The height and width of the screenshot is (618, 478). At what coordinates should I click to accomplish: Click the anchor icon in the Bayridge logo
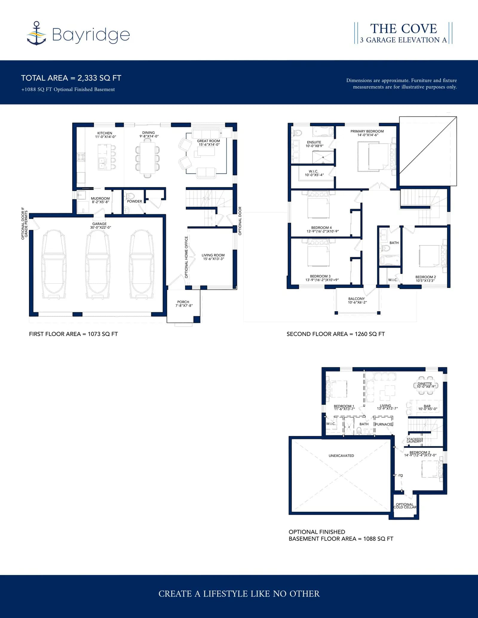(36, 33)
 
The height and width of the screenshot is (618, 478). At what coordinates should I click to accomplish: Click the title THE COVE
(404, 29)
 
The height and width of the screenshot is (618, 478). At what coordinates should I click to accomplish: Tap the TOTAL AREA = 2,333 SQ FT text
(71, 78)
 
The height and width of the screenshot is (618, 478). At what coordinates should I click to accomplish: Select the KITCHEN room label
(105, 133)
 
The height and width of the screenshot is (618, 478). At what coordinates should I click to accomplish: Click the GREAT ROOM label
(209, 141)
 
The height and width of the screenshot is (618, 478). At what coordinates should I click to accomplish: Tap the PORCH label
(183, 302)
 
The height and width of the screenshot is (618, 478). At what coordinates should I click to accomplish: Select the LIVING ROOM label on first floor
(213, 255)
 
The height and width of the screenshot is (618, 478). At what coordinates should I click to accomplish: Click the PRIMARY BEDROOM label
(367, 131)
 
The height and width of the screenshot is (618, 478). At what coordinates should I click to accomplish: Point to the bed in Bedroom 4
(318, 205)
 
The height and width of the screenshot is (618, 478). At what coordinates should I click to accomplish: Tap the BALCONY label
(356, 299)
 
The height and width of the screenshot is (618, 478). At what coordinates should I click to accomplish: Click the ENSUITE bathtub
(323, 131)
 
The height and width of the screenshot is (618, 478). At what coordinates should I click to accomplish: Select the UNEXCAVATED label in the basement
(341, 456)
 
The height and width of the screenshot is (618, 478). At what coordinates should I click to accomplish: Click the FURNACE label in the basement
(384, 424)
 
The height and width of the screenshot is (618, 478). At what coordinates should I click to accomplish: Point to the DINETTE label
(425, 384)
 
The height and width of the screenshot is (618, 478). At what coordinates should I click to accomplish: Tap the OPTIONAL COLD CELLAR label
(405, 506)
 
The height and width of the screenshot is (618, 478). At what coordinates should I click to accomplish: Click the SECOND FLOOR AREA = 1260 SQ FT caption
(335, 334)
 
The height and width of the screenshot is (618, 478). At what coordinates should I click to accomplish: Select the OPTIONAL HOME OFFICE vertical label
(186, 257)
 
